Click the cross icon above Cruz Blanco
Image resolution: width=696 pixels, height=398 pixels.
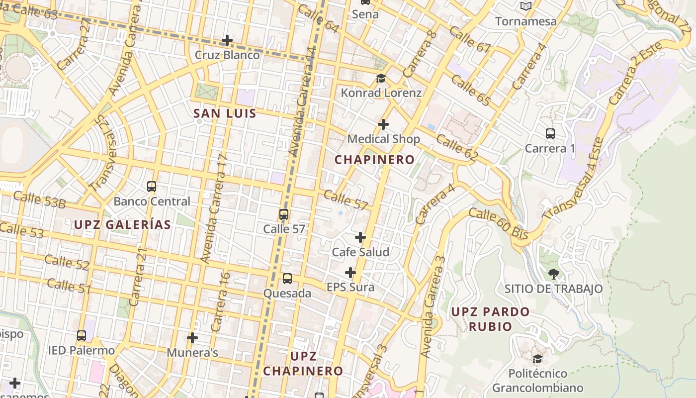pos(227,40)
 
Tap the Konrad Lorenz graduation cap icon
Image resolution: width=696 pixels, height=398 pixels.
pos(381,78)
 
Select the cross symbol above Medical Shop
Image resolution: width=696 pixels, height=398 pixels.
pos(383,124)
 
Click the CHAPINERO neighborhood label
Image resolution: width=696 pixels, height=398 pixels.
pos(374,160)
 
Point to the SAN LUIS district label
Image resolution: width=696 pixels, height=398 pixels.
pos(225,113)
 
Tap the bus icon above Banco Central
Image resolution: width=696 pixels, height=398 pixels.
pos(152,187)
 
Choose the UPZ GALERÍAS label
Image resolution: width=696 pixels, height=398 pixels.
pos(122,224)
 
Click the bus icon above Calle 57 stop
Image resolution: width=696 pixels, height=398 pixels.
pos(284,214)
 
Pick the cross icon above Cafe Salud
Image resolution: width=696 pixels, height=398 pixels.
pos(360,237)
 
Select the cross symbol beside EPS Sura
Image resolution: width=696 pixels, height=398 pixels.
pos(350,273)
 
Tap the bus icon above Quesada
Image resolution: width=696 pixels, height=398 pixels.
pos(287,279)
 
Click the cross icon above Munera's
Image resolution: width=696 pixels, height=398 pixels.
pos(192,338)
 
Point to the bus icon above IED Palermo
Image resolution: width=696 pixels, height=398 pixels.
pos(82,336)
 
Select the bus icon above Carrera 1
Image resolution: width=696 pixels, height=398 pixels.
pos(550,133)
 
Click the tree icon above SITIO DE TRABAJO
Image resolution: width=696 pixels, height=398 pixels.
pos(553,274)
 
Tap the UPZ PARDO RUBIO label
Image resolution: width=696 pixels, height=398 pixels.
pos(490,319)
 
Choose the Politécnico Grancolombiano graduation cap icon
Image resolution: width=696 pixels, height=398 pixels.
pos(537,359)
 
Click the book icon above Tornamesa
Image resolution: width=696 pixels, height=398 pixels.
pos(525,6)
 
